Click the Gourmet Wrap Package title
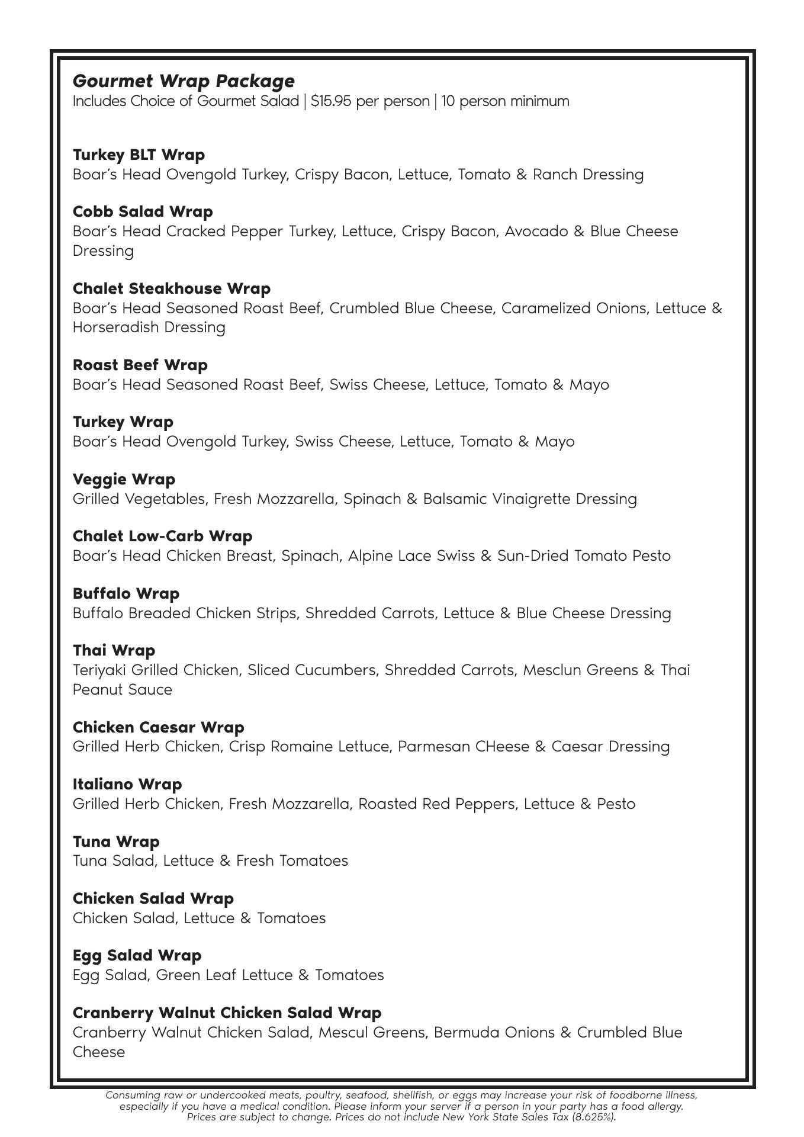pos(184,81)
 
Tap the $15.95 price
pos(330,101)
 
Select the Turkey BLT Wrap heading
pos(139,155)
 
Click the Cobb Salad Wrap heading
pos(143,211)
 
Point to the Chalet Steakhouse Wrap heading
pos(172,288)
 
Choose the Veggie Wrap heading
pos(124,479)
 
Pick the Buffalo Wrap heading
pos(126,593)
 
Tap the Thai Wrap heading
pos(114,650)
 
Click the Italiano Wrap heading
pos(127,784)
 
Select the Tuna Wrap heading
pos(116,841)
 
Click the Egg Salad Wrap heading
pos(137,955)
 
